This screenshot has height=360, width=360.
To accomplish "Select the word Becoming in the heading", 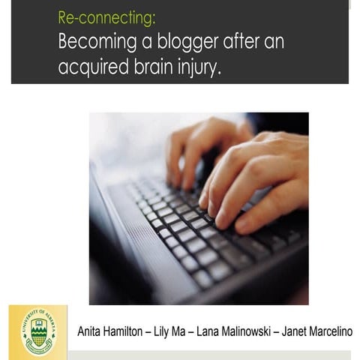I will click(94, 42).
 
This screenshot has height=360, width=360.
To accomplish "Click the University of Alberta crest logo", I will click(38, 331).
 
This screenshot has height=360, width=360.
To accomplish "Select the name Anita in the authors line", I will click(91, 331).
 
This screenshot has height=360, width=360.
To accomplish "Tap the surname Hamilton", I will click(131, 331).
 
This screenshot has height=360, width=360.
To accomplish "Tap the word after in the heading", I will click(239, 42).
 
